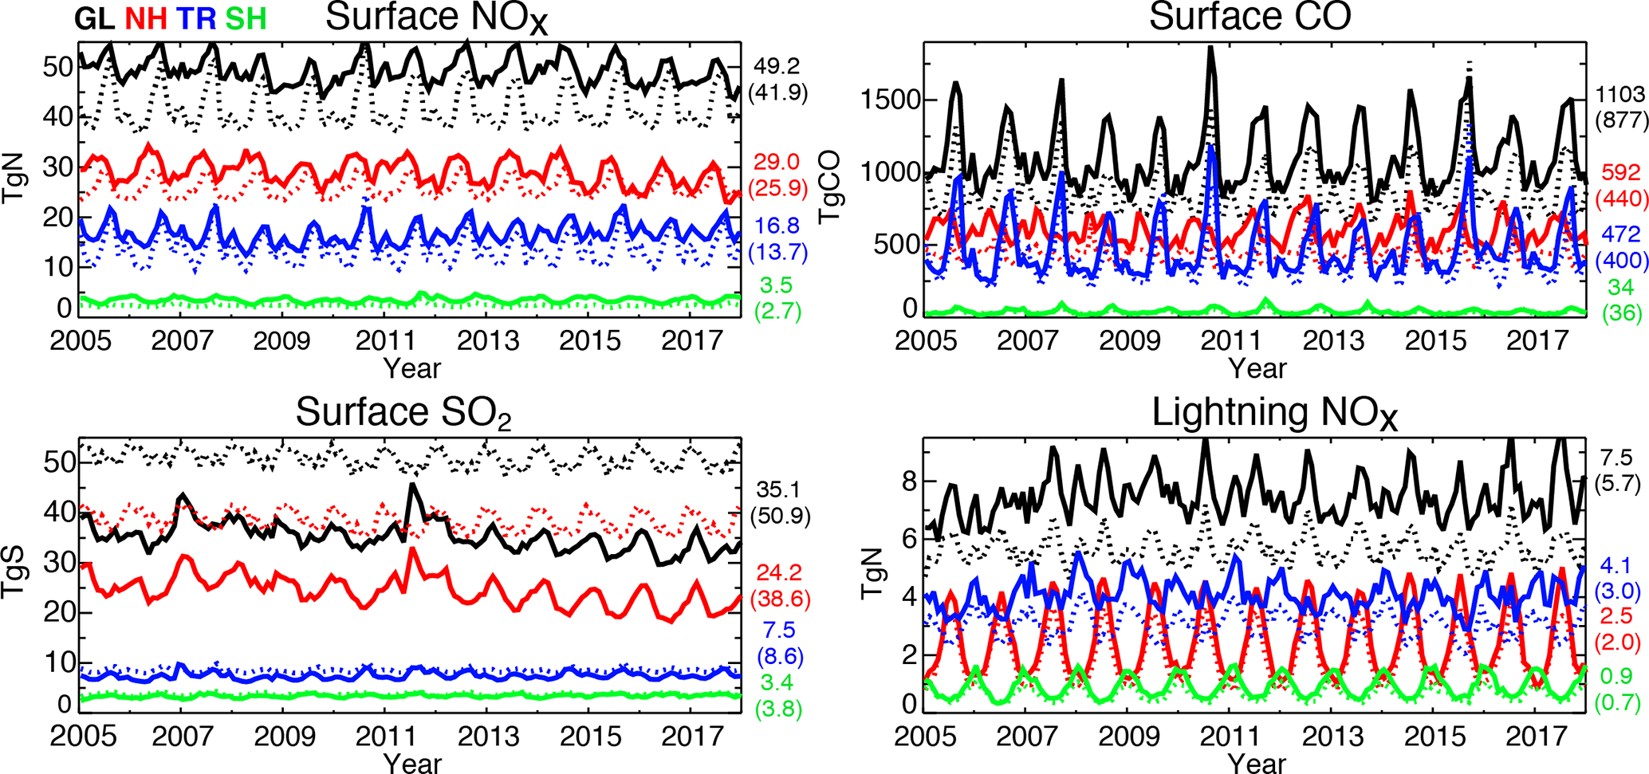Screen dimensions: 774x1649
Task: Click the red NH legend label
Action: [147, 18]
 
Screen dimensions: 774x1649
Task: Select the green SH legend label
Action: [246, 18]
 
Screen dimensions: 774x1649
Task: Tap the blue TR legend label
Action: [195, 18]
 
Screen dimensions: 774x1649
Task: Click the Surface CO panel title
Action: [1250, 16]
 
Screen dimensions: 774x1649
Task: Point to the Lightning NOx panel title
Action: [1275, 414]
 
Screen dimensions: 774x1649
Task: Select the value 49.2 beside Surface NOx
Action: [777, 66]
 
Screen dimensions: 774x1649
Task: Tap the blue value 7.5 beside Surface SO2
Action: [779, 631]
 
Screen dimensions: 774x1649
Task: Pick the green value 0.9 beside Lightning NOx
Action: [1616, 676]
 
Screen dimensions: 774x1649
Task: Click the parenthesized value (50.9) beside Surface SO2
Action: [780, 517]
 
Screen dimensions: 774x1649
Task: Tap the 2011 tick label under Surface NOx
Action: [385, 341]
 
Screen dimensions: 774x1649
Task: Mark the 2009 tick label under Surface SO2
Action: [284, 736]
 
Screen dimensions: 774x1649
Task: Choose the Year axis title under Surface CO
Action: [1257, 368]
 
